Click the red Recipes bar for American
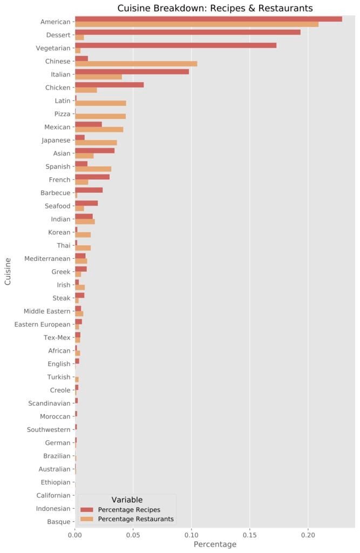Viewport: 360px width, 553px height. [x=208, y=19]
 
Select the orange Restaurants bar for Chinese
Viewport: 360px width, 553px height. [x=136, y=64]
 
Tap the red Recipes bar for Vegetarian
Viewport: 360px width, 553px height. [x=175, y=45]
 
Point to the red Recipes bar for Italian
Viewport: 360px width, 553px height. [x=132, y=72]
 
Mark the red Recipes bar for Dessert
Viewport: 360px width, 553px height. [x=187, y=32]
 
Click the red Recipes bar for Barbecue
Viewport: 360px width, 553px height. [x=89, y=190]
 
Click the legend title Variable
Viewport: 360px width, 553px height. [x=127, y=500]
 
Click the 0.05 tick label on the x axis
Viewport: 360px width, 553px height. [x=133, y=534]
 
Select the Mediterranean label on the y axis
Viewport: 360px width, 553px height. [x=47, y=259]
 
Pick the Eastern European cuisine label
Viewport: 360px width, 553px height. [x=43, y=325]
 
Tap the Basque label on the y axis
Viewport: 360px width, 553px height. [x=58, y=522]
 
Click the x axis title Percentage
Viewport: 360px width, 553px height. [x=215, y=544]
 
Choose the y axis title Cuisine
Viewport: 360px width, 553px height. [x=8, y=271]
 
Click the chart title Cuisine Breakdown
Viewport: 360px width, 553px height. [x=215, y=8]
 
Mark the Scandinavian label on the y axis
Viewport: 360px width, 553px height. [x=49, y=403]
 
